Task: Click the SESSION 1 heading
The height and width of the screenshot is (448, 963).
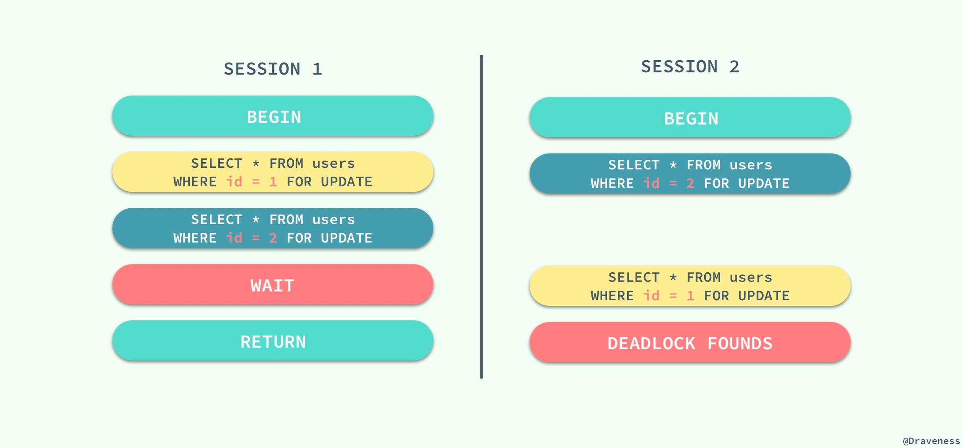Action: point(273,69)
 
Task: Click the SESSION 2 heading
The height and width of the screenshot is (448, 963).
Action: point(690,67)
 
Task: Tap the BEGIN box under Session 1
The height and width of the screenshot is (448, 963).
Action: point(273,116)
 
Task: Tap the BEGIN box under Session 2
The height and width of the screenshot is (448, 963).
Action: point(690,118)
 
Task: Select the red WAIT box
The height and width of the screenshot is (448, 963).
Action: point(273,284)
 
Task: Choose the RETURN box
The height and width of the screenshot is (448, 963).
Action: point(273,340)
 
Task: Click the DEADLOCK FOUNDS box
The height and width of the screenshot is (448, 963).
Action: point(690,342)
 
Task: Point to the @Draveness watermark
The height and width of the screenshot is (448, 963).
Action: point(931,441)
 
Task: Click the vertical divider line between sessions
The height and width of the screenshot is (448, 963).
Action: point(481,217)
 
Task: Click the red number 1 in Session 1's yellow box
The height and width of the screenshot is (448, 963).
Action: point(273,182)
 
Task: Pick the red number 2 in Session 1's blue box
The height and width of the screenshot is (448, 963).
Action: point(273,238)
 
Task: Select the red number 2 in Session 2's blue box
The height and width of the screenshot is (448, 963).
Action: point(690,183)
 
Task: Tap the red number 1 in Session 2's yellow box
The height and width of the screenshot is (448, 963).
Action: point(690,296)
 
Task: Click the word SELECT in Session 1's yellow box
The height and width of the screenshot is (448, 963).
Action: point(217,163)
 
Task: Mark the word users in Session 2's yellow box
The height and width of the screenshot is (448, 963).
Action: point(751,277)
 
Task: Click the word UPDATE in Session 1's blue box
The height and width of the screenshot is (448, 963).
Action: point(346,238)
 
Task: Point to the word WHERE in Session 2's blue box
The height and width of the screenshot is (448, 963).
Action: point(612,183)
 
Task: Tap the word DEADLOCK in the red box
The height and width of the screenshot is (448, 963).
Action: point(651,343)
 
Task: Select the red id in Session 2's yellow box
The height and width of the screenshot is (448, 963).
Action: point(651,295)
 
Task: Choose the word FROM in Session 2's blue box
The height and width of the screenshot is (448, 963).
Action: point(703,165)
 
